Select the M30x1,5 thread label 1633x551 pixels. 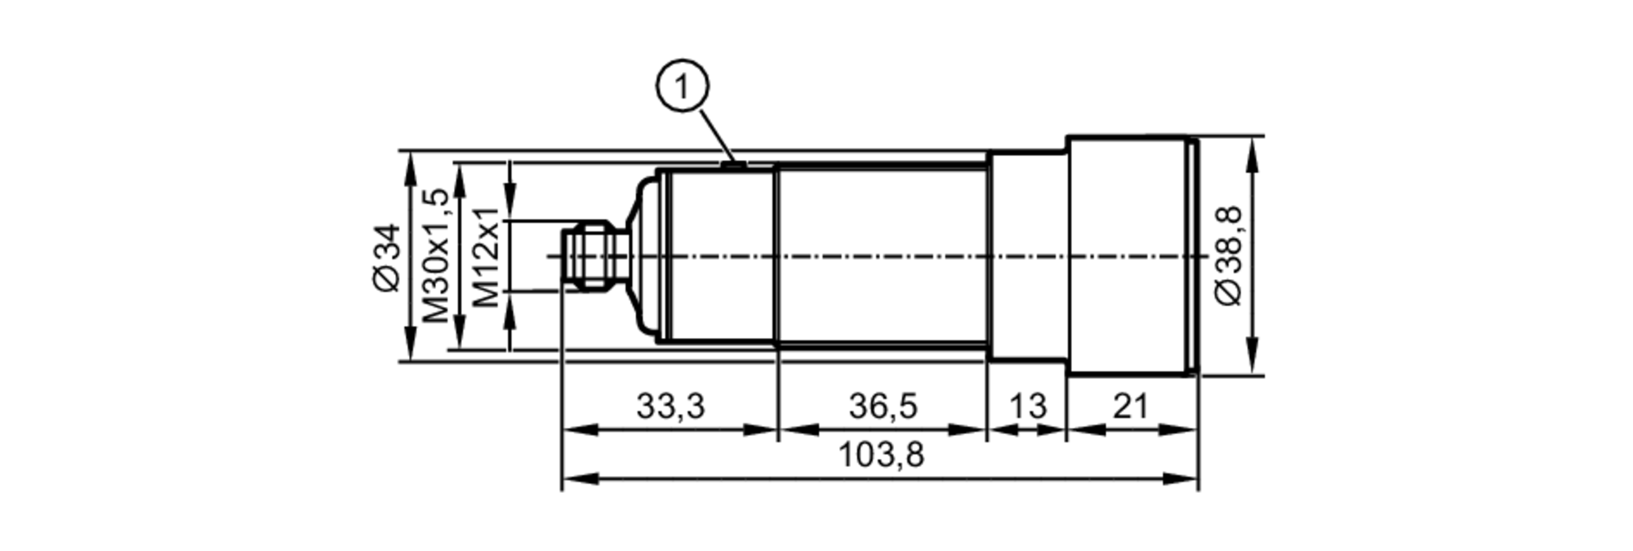(436, 256)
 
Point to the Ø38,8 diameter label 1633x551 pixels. (1229, 256)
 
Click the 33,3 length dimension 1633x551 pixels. (670, 406)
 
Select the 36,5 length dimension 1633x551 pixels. (883, 406)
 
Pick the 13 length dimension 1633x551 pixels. (1027, 406)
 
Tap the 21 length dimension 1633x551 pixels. (1131, 406)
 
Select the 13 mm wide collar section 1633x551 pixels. (1027, 256)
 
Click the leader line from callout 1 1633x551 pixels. (713, 131)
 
